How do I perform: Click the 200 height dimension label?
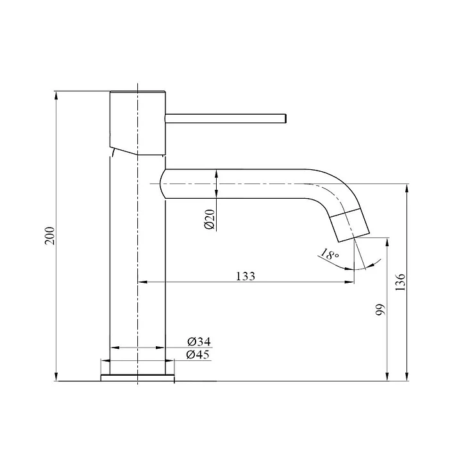(x=49, y=236)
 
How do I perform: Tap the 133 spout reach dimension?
(x=246, y=276)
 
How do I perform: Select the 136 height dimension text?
(x=400, y=282)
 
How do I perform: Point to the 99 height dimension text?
(x=380, y=310)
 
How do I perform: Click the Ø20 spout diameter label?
(x=210, y=219)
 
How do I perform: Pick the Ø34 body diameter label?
(x=199, y=341)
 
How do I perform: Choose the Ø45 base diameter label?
(x=198, y=355)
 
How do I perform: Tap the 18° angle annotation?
(x=330, y=254)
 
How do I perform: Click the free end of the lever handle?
(x=286, y=118)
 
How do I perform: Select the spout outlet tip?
(x=354, y=237)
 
